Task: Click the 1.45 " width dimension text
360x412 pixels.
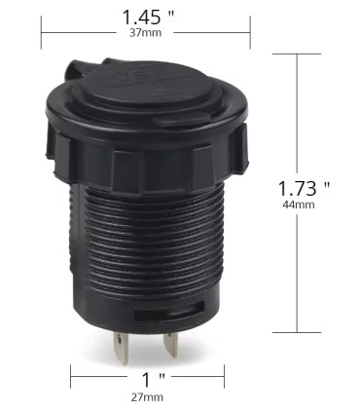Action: pos(148,18)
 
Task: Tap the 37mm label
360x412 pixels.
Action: pos(145,33)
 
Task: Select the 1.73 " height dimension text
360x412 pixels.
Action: pos(304,188)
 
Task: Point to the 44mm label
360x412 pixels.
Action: pos(299,205)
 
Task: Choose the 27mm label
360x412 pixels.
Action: pos(147,397)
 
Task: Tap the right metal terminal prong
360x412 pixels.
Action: pos(171,344)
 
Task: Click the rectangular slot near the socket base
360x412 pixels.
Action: pos(169,311)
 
